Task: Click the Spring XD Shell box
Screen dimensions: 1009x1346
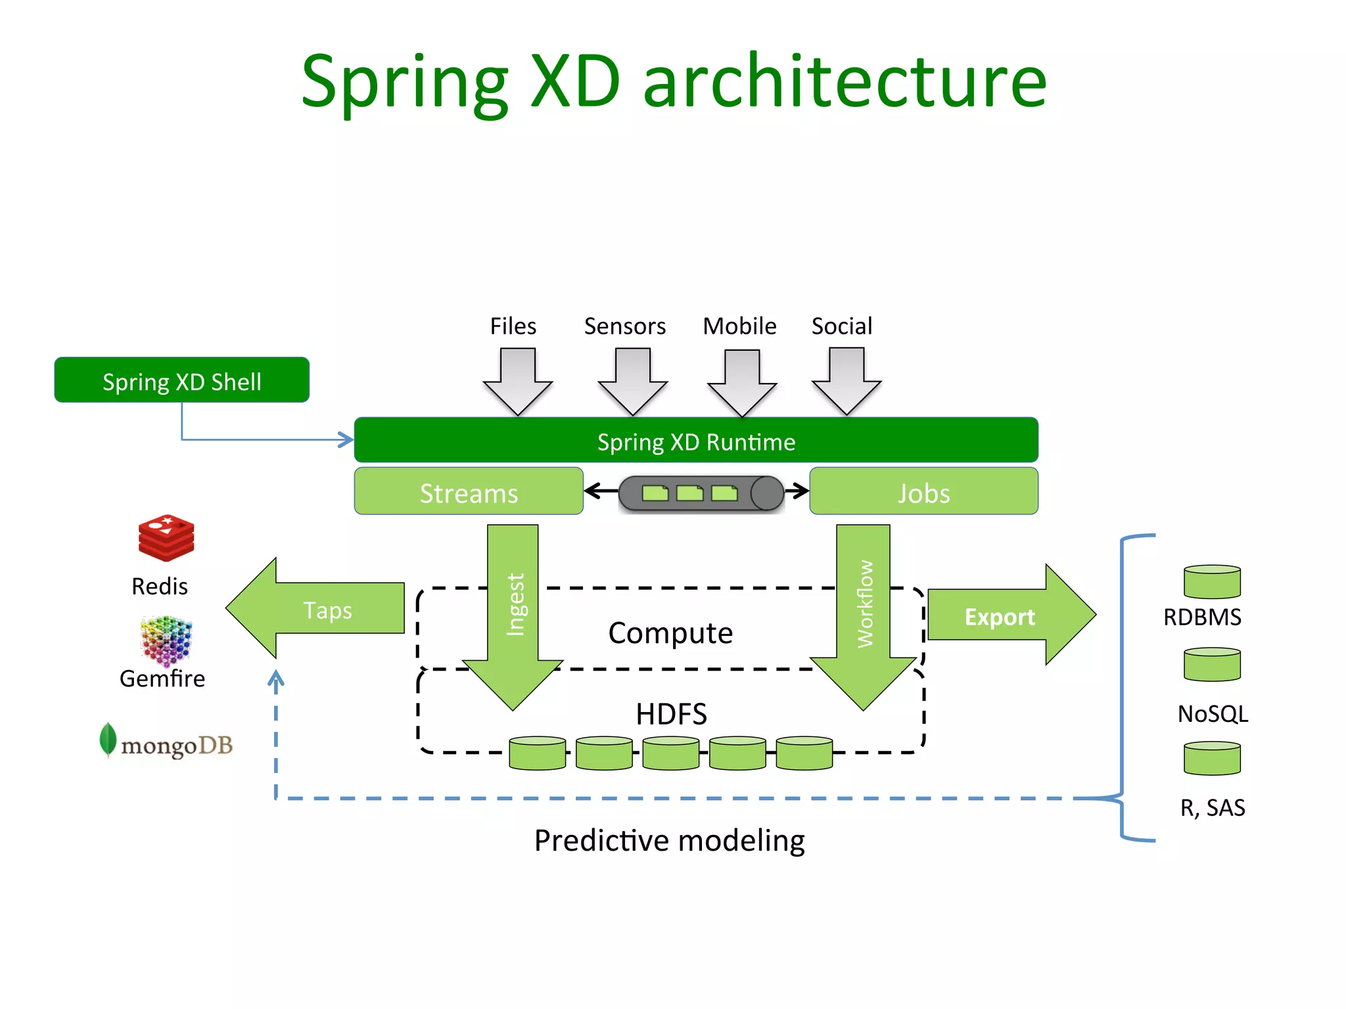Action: [181, 380]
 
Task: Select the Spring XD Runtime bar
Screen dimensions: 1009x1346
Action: [695, 441]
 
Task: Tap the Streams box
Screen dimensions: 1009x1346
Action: [469, 492]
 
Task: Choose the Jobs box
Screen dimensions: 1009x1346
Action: [923, 492]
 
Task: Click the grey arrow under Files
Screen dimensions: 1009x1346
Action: [518, 381]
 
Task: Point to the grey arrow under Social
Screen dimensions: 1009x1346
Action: [847, 381]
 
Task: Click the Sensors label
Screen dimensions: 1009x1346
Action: [624, 326]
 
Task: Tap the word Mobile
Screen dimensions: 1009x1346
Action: [739, 326]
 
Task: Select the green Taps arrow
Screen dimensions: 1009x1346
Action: [315, 609]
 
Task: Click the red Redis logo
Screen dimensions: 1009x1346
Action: [166, 538]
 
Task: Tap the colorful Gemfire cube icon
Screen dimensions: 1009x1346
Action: [166, 640]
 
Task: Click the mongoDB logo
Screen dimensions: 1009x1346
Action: [166, 743]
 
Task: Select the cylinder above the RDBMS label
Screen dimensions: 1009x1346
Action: [1212, 582]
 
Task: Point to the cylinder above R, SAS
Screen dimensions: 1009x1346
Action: [1212, 759]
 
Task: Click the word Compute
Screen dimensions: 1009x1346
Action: [670, 633]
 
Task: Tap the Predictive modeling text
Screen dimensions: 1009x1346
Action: [669, 840]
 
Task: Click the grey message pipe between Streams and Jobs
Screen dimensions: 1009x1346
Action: [701, 493]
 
